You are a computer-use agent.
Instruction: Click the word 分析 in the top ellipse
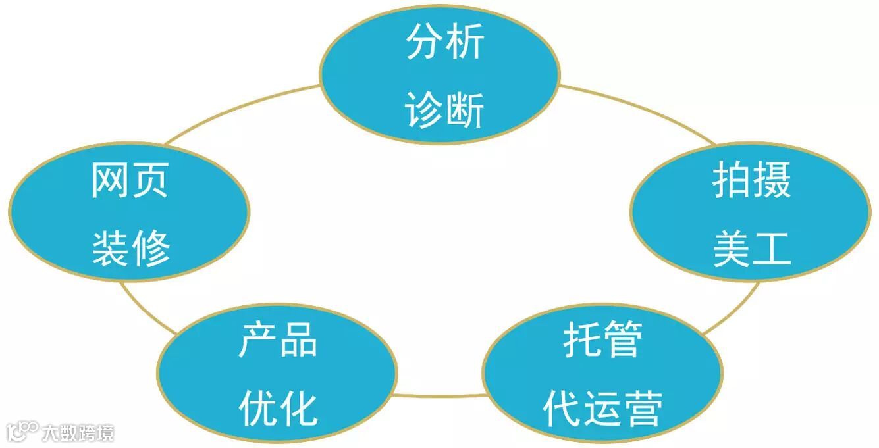coord(445,42)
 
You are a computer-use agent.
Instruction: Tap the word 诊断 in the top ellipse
coord(445,109)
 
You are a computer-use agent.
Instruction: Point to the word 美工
coord(751,249)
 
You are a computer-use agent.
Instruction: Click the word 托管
coord(602,340)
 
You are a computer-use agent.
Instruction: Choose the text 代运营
coord(602,408)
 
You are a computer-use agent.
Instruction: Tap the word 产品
coord(277,340)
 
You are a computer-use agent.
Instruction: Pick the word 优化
coord(277,408)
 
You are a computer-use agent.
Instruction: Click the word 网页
coord(130,180)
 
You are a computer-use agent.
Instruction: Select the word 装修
coord(130,249)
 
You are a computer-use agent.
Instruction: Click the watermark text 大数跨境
coord(78,433)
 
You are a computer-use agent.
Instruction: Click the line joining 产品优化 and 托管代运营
coord(440,396)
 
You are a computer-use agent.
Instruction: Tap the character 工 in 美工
coord(772,249)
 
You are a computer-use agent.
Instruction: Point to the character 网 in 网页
coord(109,180)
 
